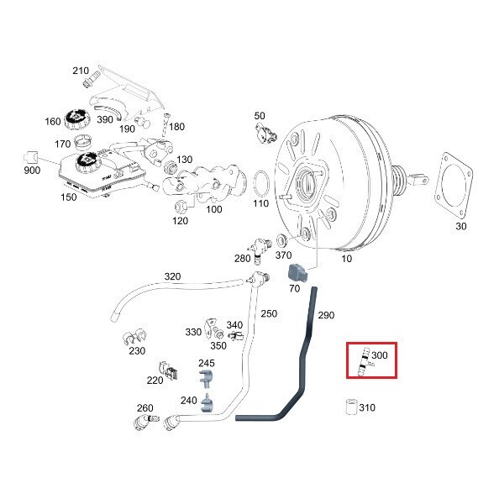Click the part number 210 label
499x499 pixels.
pyautogui.click(x=81, y=71)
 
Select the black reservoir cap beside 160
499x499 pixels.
pyautogui.click(x=77, y=119)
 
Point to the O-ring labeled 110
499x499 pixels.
pyautogui.click(x=261, y=184)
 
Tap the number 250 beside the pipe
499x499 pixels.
pyautogui.click(x=269, y=314)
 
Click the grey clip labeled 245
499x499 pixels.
pyautogui.click(x=206, y=379)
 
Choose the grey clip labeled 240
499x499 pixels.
pyautogui.click(x=207, y=403)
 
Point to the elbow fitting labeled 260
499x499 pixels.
pyautogui.click(x=144, y=422)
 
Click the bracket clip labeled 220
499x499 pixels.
pyautogui.click(x=168, y=371)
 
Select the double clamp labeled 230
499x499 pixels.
pyautogui.click(x=134, y=337)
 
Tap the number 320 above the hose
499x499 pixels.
pyautogui.click(x=172, y=276)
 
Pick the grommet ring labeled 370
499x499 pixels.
pyautogui.click(x=282, y=240)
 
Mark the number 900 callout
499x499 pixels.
pyautogui.click(x=32, y=171)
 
